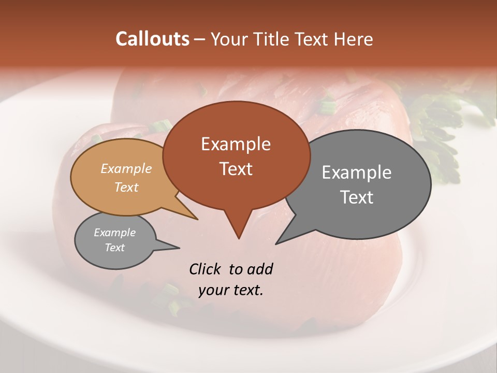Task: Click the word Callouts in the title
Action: pyautogui.click(x=152, y=39)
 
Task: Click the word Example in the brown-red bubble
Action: pyautogui.click(x=236, y=144)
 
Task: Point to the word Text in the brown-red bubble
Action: pyautogui.click(x=236, y=169)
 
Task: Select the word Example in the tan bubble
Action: pyautogui.click(x=126, y=168)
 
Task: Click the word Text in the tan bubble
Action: pyautogui.click(x=126, y=187)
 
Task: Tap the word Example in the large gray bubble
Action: pyautogui.click(x=357, y=173)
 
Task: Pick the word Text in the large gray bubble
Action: pyautogui.click(x=357, y=197)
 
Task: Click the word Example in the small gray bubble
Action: pyautogui.click(x=115, y=233)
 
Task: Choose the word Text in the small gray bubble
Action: pyautogui.click(x=115, y=248)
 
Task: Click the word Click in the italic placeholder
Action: pyautogui.click(x=206, y=269)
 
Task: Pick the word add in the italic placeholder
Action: pyautogui.click(x=259, y=269)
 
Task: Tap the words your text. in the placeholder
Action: pyautogui.click(x=231, y=290)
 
